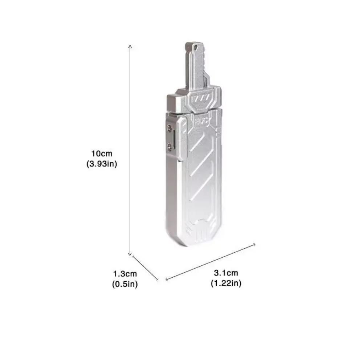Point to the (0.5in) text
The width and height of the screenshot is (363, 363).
(x=125, y=284)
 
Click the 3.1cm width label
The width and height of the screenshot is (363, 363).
(x=226, y=273)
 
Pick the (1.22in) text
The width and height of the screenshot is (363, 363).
(x=226, y=283)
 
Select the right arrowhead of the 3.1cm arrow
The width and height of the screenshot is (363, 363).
(x=255, y=244)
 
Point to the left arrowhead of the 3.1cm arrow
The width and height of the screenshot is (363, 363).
(x=167, y=279)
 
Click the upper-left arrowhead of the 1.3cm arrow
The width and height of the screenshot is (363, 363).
(x=133, y=257)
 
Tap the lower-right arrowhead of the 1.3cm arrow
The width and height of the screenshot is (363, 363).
(x=157, y=279)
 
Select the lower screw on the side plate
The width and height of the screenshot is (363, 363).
(x=170, y=146)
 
